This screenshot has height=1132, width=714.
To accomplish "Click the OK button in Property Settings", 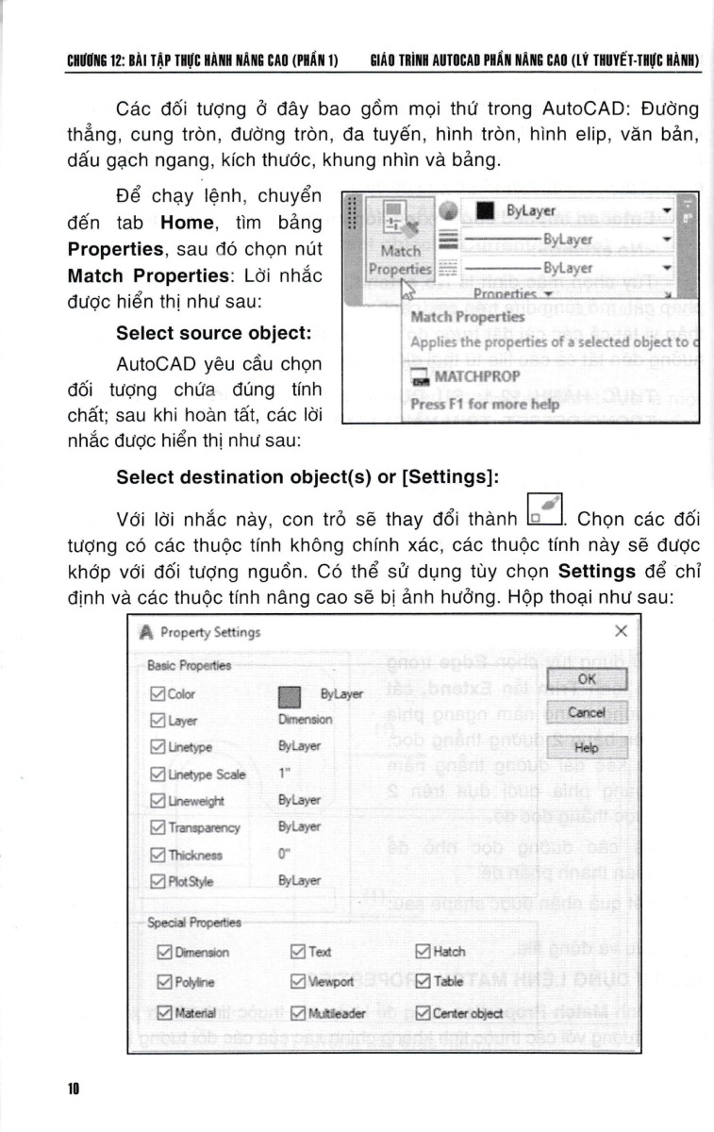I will [x=587, y=679].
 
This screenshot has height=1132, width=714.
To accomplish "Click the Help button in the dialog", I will [x=587, y=747].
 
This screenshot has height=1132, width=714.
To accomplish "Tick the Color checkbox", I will [x=158, y=694].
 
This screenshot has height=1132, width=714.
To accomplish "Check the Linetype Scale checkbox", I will [x=158, y=774].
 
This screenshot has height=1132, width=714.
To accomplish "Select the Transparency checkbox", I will [x=158, y=827].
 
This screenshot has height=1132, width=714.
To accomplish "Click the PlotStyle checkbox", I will [x=158, y=881].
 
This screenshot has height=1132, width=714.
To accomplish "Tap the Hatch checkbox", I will [x=423, y=951].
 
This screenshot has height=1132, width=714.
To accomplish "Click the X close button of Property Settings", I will [x=621, y=631].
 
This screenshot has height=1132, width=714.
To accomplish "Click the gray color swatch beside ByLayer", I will [x=291, y=697].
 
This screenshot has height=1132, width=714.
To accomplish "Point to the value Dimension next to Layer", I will [x=306, y=719].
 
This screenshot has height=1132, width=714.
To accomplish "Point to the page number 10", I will [x=73, y=1087].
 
